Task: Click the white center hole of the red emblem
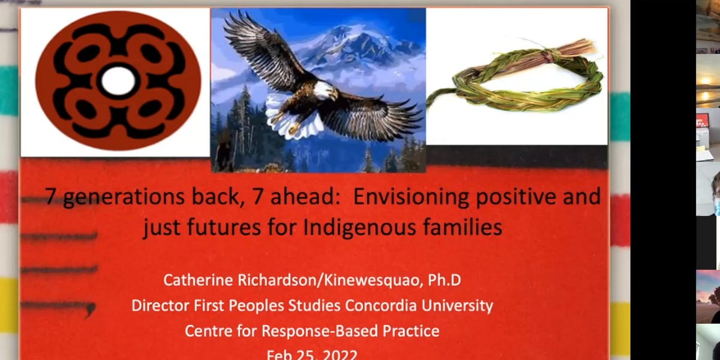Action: [118, 81]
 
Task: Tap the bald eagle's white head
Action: [325, 91]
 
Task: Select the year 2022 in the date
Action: [337, 354]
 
